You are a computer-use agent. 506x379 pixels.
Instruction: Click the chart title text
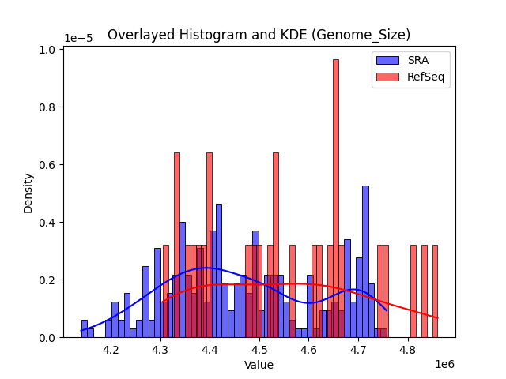point(259,35)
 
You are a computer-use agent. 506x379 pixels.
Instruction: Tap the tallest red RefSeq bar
point(335,198)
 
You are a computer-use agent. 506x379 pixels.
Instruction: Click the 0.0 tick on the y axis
point(50,338)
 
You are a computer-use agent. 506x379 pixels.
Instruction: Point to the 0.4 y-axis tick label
point(50,223)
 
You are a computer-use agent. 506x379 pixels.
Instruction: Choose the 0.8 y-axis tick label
point(50,107)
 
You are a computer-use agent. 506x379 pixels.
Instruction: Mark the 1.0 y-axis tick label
point(50,50)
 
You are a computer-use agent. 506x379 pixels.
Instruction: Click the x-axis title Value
point(259,366)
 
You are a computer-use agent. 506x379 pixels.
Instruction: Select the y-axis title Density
point(28,193)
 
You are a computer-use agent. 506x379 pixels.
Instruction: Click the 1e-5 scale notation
point(77,38)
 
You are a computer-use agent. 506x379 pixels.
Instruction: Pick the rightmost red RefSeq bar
point(434,291)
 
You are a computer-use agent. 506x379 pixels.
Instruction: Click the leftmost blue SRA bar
point(85,329)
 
